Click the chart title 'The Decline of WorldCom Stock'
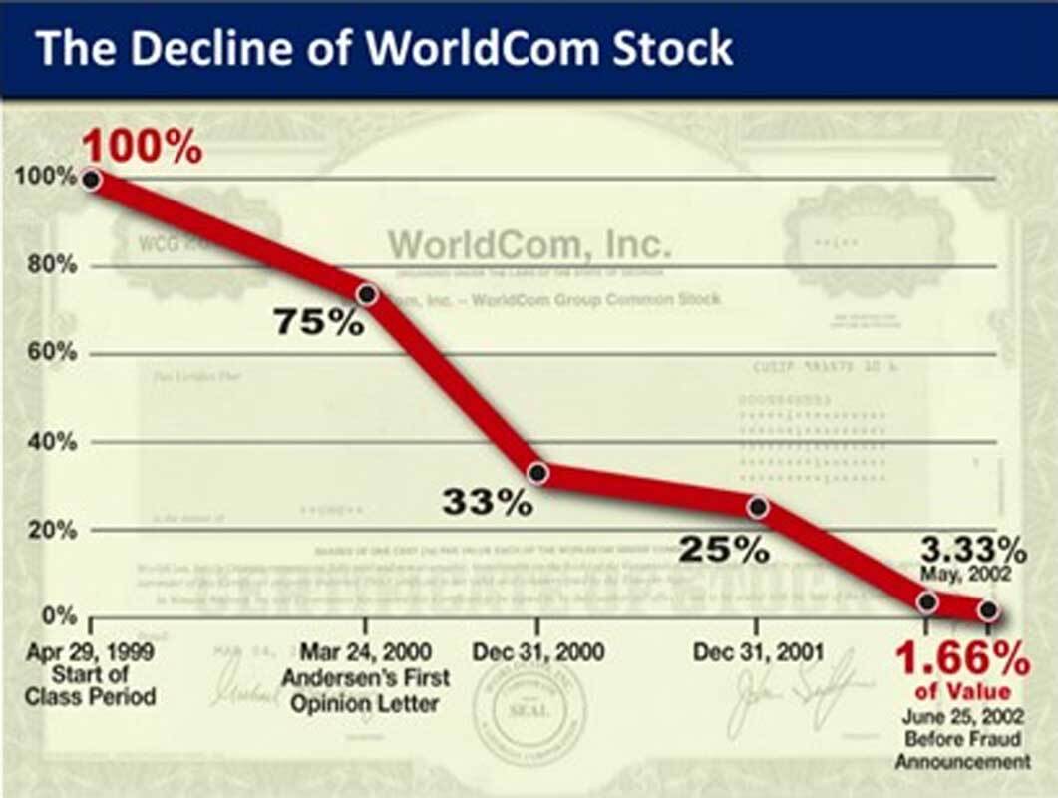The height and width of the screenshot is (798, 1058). pyautogui.click(x=384, y=48)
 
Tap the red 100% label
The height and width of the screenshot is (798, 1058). pyautogui.click(x=142, y=148)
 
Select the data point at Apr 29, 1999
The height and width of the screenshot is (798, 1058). pyautogui.click(x=90, y=180)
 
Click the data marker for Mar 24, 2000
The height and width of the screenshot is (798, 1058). pyautogui.click(x=366, y=294)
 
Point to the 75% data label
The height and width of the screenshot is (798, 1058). pyautogui.click(x=319, y=322)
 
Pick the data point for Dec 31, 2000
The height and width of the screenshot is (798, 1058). pyautogui.click(x=537, y=473)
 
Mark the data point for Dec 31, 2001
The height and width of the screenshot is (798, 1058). pyautogui.click(x=757, y=508)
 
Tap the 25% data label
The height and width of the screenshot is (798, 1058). pyautogui.click(x=724, y=548)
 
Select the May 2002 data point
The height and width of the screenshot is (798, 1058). pyautogui.click(x=927, y=601)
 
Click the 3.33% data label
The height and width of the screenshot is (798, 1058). pyautogui.click(x=973, y=548)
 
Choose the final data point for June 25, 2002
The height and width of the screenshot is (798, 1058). pyautogui.click(x=988, y=609)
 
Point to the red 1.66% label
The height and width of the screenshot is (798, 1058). pyautogui.click(x=961, y=659)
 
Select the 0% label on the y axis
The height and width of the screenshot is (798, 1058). pyautogui.click(x=52, y=617)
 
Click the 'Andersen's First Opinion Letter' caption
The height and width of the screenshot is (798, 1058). pyautogui.click(x=365, y=688)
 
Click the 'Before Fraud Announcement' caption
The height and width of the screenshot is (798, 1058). pyautogui.click(x=961, y=750)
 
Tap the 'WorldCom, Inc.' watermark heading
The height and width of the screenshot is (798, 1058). pyautogui.click(x=529, y=244)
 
